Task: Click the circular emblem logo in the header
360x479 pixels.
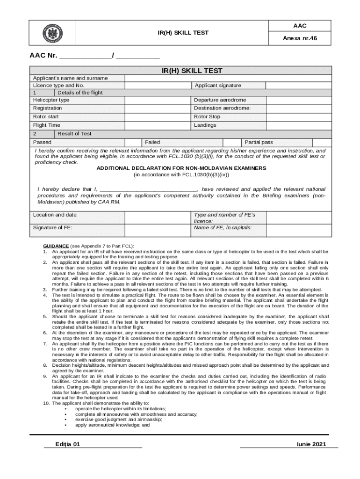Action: pos(51,33)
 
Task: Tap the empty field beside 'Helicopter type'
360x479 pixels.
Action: pos(158,100)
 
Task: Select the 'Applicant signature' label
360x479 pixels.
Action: pos(218,86)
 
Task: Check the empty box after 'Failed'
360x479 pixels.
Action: pos(230,142)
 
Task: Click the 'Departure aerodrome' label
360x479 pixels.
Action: pos(220,100)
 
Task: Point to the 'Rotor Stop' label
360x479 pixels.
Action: pos(207,116)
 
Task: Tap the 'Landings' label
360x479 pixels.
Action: pos(205,125)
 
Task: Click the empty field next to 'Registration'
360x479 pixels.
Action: pos(158,108)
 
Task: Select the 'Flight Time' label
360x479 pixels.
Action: pos(46,125)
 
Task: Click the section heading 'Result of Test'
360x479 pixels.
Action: pos(74,134)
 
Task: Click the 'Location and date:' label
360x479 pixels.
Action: pos(55,215)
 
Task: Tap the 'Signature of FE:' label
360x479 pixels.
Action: pos(52,228)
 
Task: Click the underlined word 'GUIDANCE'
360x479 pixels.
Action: pos(56,246)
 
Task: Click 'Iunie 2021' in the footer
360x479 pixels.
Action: pos(311,444)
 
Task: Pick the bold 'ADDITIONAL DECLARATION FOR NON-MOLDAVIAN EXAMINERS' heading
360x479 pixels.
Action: pos(181,168)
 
